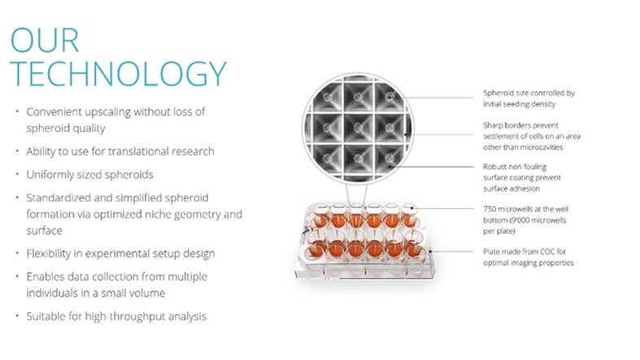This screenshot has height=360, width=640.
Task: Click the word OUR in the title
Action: tap(45, 40)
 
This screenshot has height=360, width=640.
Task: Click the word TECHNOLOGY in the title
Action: tap(118, 73)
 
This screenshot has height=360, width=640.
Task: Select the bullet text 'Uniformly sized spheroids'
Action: tap(89, 175)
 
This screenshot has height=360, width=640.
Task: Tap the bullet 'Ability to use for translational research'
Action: tap(120, 151)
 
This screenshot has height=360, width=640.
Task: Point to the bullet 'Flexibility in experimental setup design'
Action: tap(121, 254)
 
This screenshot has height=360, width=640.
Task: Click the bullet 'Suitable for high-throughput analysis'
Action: tap(116, 316)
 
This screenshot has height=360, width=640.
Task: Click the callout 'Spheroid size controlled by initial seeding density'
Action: tap(529, 98)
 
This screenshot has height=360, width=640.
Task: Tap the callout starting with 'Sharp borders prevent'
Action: tap(532, 137)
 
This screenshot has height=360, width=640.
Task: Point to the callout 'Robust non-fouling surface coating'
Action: tap(522, 178)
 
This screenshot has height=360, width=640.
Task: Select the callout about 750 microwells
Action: tap(525, 220)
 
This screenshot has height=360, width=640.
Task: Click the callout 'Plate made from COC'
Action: tap(529, 258)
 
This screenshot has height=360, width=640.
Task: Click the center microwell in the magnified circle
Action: tap(358, 128)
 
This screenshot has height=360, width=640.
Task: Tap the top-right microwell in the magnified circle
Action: tap(390, 97)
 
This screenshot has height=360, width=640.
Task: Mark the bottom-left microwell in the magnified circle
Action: tap(327, 159)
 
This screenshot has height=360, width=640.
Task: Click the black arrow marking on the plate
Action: tap(306, 231)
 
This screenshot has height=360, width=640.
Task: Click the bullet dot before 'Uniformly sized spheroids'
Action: tap(17, 174)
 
